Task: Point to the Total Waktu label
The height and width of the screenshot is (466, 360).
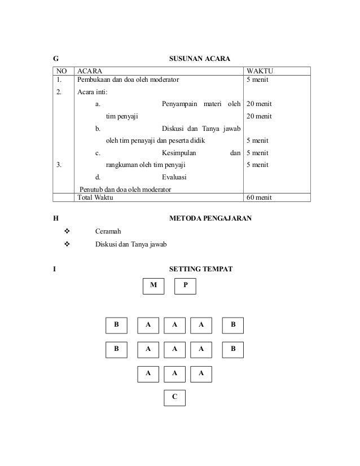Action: click(95, 198)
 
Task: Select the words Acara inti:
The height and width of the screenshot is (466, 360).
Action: click(93, 93)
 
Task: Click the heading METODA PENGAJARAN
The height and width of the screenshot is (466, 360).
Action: click(210, 218)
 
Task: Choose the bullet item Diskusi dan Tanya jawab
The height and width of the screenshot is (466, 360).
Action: click(131, 244)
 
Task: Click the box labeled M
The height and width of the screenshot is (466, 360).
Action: click(153, 286)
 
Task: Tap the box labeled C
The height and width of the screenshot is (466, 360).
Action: click(174, 398)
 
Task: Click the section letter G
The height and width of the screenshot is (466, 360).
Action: click(55, 59)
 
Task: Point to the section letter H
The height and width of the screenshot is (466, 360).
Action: click(55, 218)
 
